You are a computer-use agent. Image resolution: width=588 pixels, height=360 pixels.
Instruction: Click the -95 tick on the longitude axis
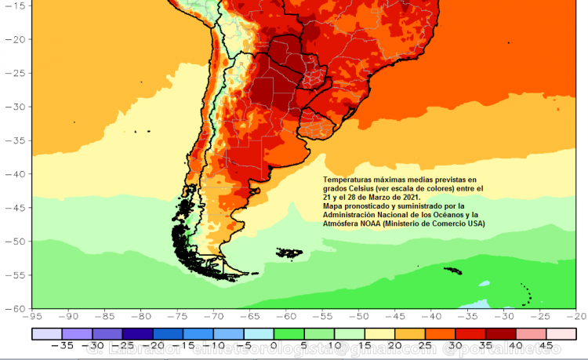point(33,316)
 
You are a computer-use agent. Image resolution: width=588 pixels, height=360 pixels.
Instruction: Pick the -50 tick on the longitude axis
point(359,316)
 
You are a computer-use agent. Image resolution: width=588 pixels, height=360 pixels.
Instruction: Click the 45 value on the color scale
point(543,344)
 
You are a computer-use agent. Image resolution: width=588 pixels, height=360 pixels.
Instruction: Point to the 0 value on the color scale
point(274,344)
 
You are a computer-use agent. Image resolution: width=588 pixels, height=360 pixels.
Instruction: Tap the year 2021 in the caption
point(407,198)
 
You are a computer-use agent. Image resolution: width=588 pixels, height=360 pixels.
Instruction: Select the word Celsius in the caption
point(367,189)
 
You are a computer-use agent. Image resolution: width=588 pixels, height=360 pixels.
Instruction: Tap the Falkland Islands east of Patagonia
point(290,252)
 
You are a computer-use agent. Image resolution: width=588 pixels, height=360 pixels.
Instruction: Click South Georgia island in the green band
point(452,271)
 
